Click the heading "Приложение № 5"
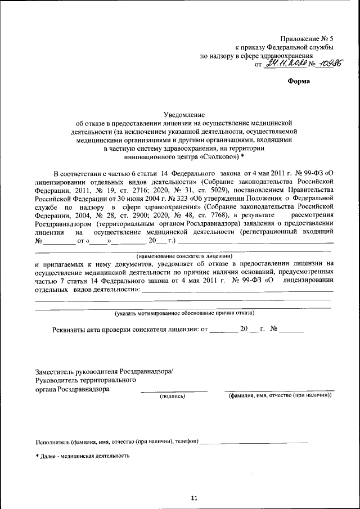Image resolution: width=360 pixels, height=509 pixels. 305,38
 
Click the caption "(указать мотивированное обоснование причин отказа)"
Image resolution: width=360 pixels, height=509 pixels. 184,312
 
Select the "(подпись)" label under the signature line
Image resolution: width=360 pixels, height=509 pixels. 173,396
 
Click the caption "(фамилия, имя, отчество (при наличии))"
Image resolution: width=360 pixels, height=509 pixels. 279,396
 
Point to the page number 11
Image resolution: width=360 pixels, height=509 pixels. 194,498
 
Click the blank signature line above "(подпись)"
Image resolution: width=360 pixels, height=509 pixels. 174,391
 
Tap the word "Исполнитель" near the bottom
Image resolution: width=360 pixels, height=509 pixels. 52,442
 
